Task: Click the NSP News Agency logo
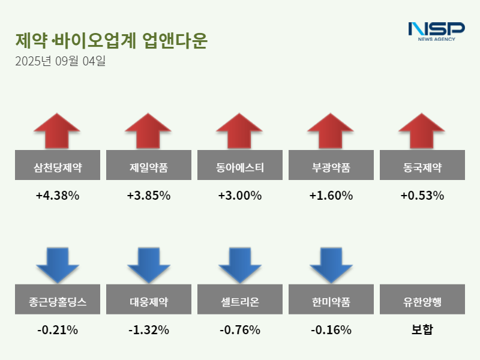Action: [436, 31]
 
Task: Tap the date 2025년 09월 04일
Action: [60, 61]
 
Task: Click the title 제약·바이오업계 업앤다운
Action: [112, 40]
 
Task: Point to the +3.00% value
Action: [240, 196]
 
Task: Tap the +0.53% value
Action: [422, 196]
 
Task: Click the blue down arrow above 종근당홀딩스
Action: [58, 265]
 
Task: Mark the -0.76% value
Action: [240, 330]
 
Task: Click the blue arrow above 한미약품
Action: [331, 265]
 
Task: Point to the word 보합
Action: [422, 330]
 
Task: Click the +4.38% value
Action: [58, 196]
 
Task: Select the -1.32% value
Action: [149, 330]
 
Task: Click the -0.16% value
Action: [331, 330]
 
